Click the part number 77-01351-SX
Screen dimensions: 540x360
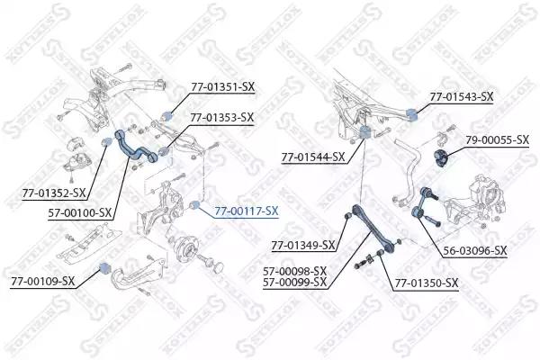223,87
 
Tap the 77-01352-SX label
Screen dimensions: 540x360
54,193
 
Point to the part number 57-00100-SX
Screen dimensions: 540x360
80,213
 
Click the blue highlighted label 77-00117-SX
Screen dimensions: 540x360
247,211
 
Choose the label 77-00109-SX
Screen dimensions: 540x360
42,282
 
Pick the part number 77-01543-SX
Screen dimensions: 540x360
462,97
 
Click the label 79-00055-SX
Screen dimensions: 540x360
498,139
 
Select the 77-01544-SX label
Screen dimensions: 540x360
313,157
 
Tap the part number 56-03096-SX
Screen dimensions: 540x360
475,251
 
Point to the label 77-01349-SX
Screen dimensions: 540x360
303,246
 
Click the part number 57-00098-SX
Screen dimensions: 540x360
295,271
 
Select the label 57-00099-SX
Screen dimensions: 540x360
295,283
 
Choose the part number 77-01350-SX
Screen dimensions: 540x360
427,283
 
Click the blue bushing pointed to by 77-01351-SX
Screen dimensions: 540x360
167,116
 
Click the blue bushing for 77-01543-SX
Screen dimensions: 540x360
411,114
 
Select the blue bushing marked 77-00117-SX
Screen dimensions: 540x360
195,204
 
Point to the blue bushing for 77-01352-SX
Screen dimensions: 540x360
107,141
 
